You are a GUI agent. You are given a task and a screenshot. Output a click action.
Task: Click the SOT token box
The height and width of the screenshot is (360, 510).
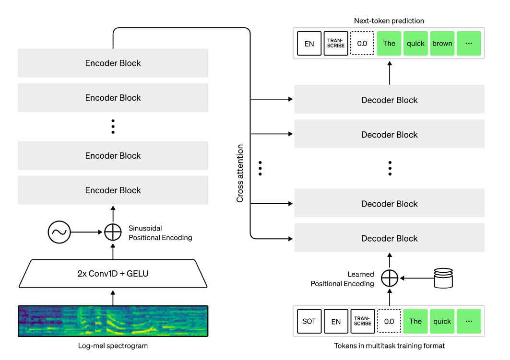309,321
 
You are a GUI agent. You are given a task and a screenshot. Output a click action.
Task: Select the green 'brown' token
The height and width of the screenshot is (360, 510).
442,44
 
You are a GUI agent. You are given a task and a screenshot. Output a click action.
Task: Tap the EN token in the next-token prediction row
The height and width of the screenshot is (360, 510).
309,44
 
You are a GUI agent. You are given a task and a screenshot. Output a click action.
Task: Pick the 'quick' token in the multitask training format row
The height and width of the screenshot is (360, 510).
442,321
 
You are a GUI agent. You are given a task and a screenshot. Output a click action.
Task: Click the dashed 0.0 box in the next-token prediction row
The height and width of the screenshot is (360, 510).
362,44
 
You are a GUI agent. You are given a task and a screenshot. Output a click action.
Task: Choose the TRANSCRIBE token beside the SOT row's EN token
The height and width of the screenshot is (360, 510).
362,321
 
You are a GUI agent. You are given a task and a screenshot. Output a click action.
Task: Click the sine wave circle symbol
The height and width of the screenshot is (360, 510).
59,232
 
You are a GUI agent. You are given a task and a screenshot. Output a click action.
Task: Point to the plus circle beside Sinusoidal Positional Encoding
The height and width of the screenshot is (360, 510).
113,232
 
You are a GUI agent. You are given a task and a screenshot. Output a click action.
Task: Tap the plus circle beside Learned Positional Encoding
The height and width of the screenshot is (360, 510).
390,278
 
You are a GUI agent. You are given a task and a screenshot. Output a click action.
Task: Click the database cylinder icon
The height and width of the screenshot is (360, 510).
443,278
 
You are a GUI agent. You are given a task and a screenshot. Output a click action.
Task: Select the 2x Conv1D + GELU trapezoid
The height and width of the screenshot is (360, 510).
113,274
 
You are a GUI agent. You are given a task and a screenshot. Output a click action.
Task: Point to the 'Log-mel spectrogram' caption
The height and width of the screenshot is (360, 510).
113,346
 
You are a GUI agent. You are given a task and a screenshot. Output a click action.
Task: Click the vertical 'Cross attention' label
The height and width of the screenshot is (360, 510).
240,173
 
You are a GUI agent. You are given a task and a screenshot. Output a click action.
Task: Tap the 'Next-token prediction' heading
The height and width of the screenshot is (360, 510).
389,21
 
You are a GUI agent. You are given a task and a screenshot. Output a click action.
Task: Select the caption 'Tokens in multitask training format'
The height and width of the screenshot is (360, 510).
389,346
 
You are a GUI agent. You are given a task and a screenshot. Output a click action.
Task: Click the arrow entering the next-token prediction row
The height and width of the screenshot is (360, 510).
390,72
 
